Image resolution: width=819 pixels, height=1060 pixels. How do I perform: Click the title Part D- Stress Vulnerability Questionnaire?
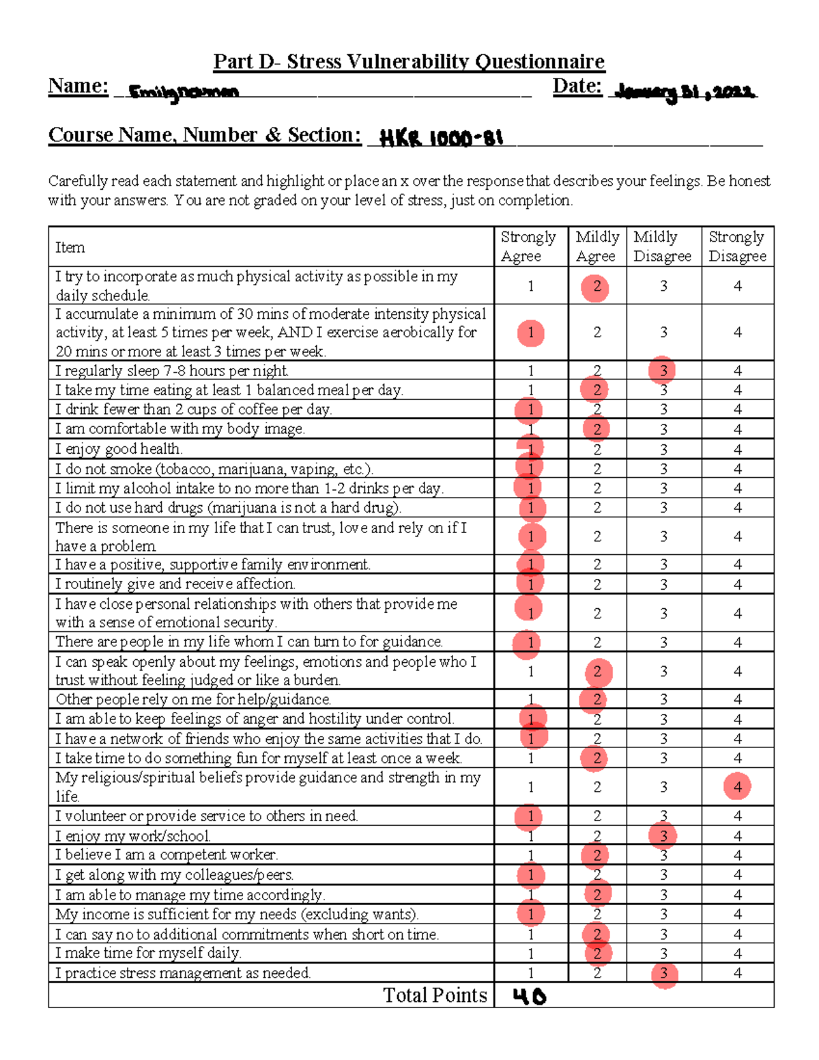(x=409, y=61)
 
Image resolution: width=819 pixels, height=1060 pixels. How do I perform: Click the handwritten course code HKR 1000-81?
(x=441, y=139)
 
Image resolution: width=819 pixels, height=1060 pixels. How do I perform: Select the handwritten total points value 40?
(x=530, y=997)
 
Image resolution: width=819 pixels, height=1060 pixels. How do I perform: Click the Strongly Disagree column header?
(x=737, y=246)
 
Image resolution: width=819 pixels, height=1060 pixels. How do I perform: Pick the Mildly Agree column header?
(x=597, y=246)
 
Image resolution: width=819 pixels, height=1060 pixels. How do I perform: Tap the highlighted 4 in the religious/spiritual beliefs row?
(x=737, y=786)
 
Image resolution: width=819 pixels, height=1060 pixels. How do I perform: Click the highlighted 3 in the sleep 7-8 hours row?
(x=663, y=371)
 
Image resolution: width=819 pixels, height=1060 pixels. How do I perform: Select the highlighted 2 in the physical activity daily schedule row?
(x=596, y=287)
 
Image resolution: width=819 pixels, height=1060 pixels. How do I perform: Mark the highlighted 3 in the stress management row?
(x=663, y=974)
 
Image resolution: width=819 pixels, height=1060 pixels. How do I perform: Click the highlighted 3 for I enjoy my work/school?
(x=663, y=836)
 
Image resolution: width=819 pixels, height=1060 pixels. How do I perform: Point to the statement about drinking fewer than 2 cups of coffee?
(x=193, y=410)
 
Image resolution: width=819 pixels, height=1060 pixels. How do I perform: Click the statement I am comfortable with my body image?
(x=180, y=429)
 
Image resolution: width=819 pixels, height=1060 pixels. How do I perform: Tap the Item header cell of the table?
(x=70, y=247)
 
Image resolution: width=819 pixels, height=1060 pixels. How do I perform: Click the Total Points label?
(x=435, y=995)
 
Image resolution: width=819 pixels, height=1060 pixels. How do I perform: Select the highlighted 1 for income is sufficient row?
(x=530, y=914)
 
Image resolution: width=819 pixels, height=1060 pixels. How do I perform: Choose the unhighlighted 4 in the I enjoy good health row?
(x=737, y=449)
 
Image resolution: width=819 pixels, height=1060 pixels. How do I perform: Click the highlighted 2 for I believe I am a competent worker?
(x=597, y=855)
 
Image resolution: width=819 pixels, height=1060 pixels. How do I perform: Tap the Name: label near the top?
(x=78, y=86)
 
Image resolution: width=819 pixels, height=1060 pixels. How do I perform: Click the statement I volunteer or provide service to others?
(x=206, y=816)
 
